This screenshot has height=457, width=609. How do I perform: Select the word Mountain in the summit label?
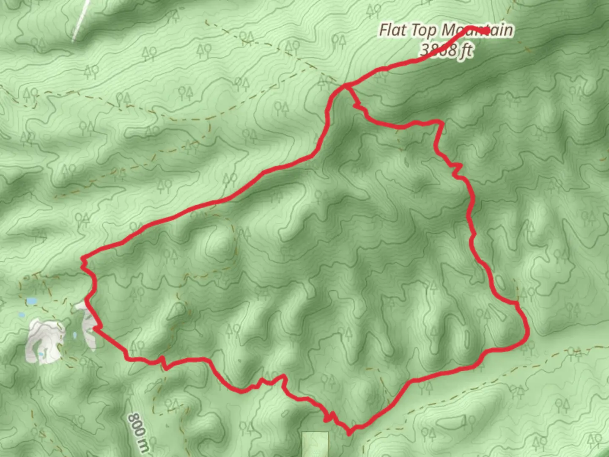click(x=477, y=30)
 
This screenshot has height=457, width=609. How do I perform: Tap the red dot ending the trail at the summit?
click(x=487, y=31)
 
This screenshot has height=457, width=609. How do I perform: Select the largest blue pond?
click(x=32, y=301)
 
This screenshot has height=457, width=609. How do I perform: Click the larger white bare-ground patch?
click(x=44, y=341)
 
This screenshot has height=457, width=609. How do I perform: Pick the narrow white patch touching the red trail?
click(x=88, y=324)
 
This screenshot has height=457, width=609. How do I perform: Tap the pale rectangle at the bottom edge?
click(x=315, y=444)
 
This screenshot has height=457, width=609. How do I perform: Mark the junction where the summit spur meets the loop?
click(x=346, y=86)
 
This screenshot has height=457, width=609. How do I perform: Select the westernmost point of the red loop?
click(x=82, y=258)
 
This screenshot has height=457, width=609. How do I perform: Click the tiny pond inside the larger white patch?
click(x=41, y=354)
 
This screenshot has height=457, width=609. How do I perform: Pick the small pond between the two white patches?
click(x=75, y=336)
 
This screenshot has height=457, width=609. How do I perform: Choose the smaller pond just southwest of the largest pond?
click(x=20, y=315)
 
